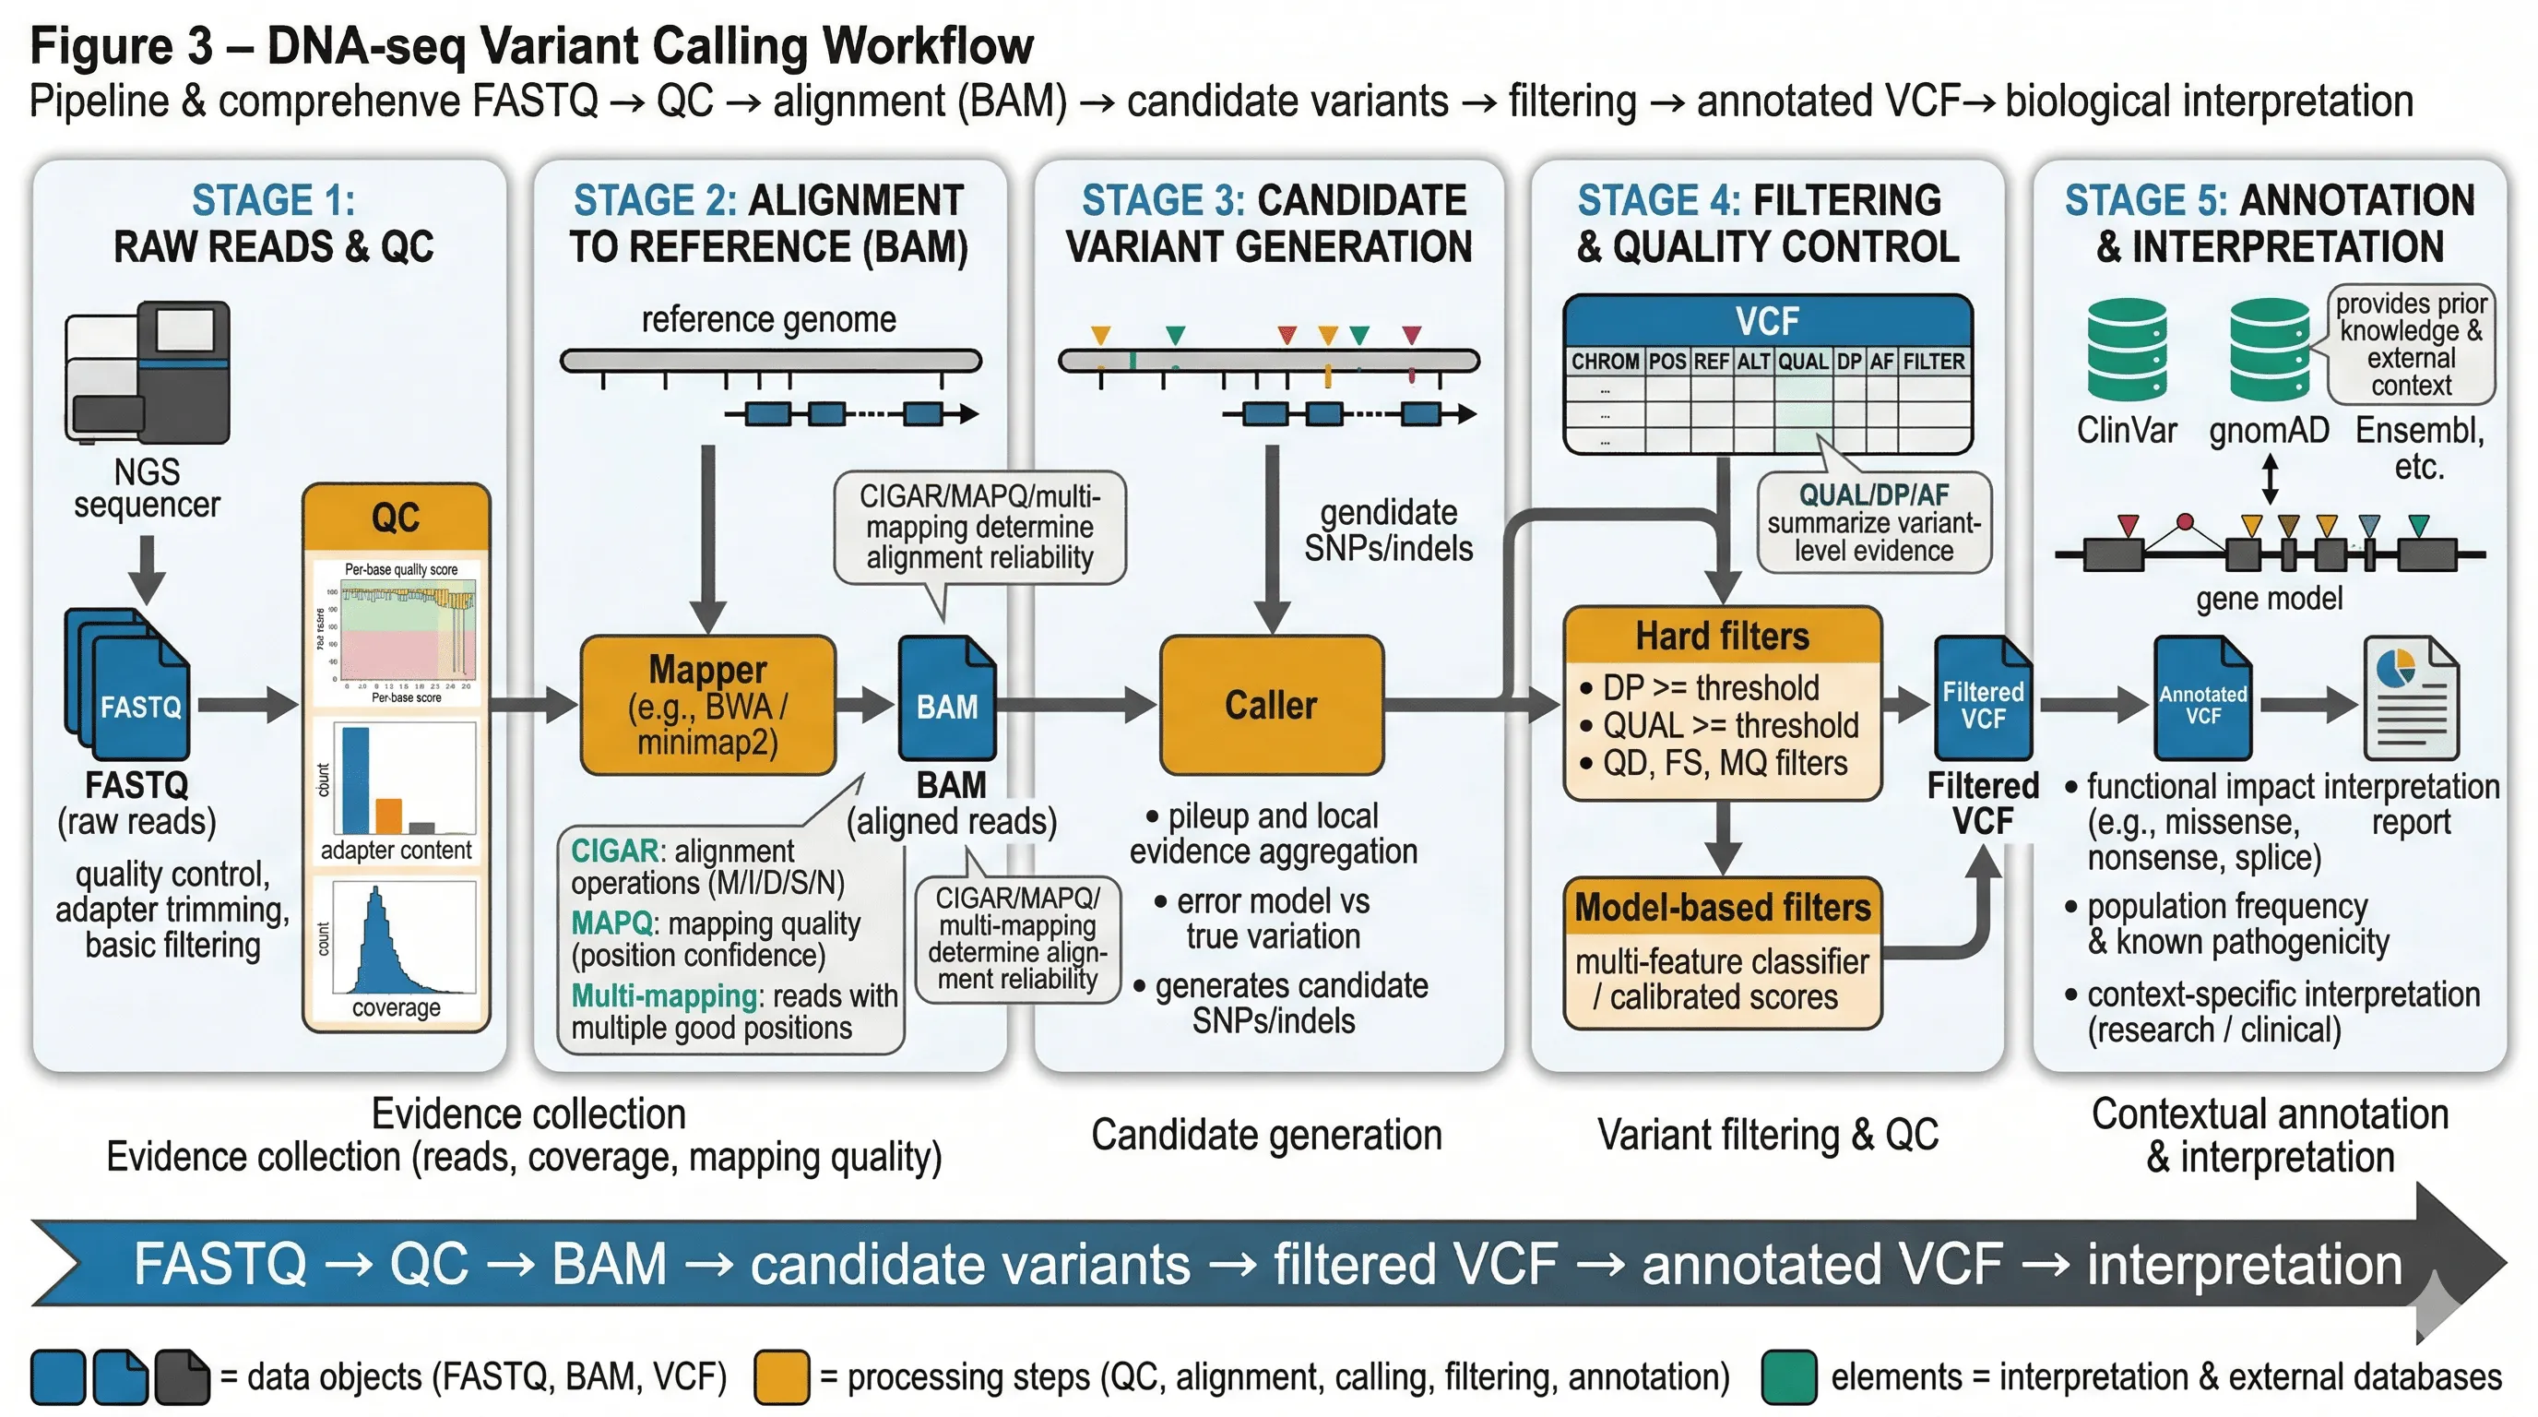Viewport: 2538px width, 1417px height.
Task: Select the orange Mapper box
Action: coord(707,706)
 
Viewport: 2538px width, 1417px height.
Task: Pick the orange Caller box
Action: coord(1271,706)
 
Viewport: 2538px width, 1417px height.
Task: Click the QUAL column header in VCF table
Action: coord(1803,362)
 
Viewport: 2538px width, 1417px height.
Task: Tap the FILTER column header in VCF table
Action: coord(1933,362)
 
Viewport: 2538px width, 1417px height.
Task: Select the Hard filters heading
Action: coord(1722,637)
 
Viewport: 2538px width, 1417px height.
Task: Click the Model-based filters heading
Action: coord(1722,907)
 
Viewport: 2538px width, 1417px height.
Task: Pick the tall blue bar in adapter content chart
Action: coord(356,780)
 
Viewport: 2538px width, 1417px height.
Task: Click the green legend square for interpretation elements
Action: coord(1789,1376)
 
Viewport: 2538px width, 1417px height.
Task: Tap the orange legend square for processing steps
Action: coord(781,1376)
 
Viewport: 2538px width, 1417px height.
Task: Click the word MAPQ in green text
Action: coord(611,923)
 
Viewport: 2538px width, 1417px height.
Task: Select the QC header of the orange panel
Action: coord(396,518)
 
